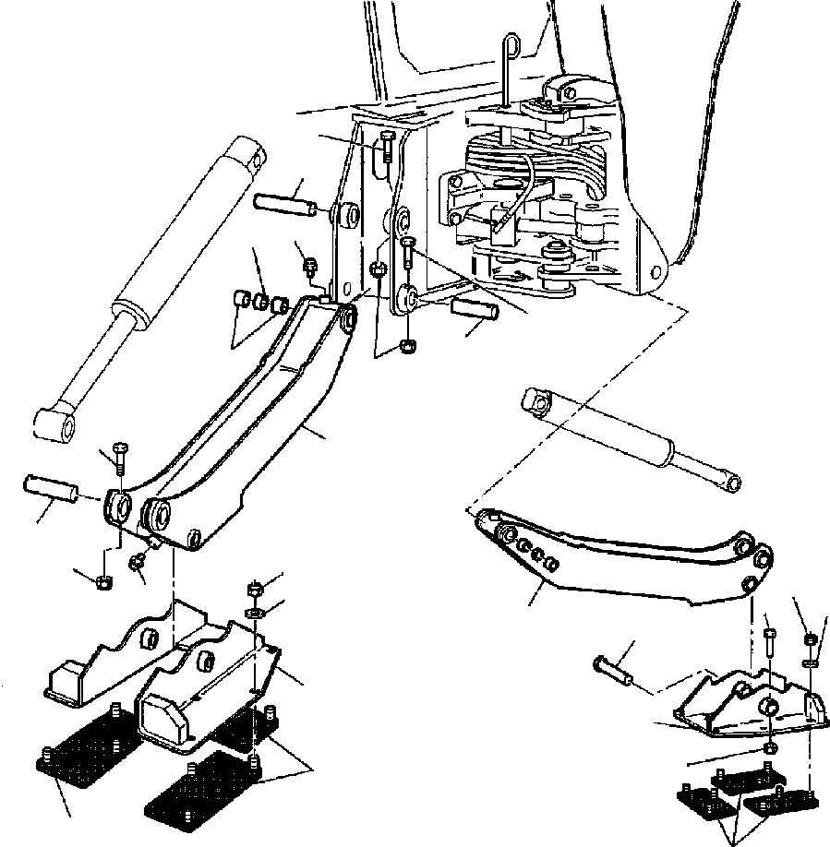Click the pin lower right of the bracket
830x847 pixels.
coord(475,310)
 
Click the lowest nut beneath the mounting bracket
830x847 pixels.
coord(405,346)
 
